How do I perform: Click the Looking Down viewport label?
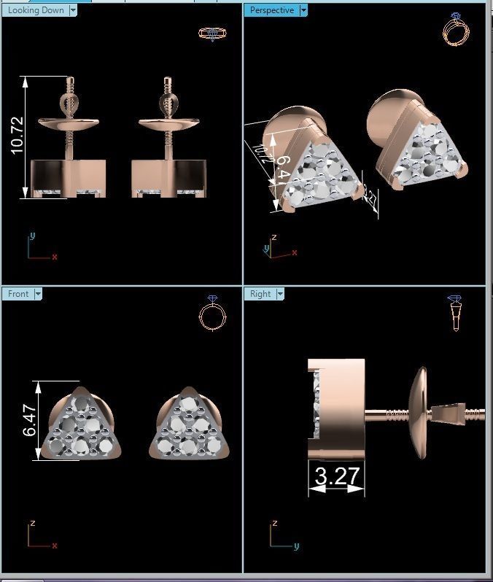[35, 10]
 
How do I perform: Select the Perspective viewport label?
[272, 10]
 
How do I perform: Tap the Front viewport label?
[18, 294]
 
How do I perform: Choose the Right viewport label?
[260, 294]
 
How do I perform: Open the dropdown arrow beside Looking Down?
[72, 10]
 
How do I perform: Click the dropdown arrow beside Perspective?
[303, 10]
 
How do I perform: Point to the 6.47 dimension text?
[29, 421]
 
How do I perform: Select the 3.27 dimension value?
[336, 476]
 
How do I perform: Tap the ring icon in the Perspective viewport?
[456, 31]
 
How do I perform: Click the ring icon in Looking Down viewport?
[210, 34]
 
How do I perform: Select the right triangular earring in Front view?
[190, 427]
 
